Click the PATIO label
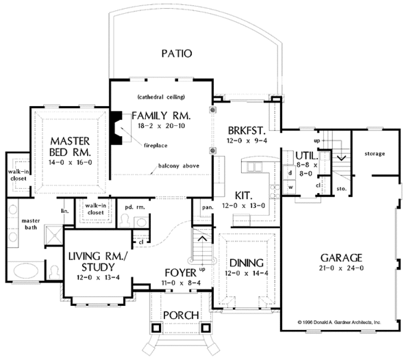tap(177, 53)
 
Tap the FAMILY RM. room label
tap(161, 116)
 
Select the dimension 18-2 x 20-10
tap(162, 126)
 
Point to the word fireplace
tap(155, 145)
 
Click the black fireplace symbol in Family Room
tap(116, 128)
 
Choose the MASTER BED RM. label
tap(70, 146)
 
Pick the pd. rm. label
tap(135, 207)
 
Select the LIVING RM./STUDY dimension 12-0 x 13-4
tap(98, 277)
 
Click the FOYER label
tap(181, 273)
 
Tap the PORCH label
tap(181, 316)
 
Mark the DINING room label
tap(247, 263)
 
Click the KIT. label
tap(244, 196)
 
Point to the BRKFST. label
tap(247, 131)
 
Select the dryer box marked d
tap(290, 173)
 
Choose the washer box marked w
tap(290, 187)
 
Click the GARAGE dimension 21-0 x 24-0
tap(341, 268)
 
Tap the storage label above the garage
tap(375, 154)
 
